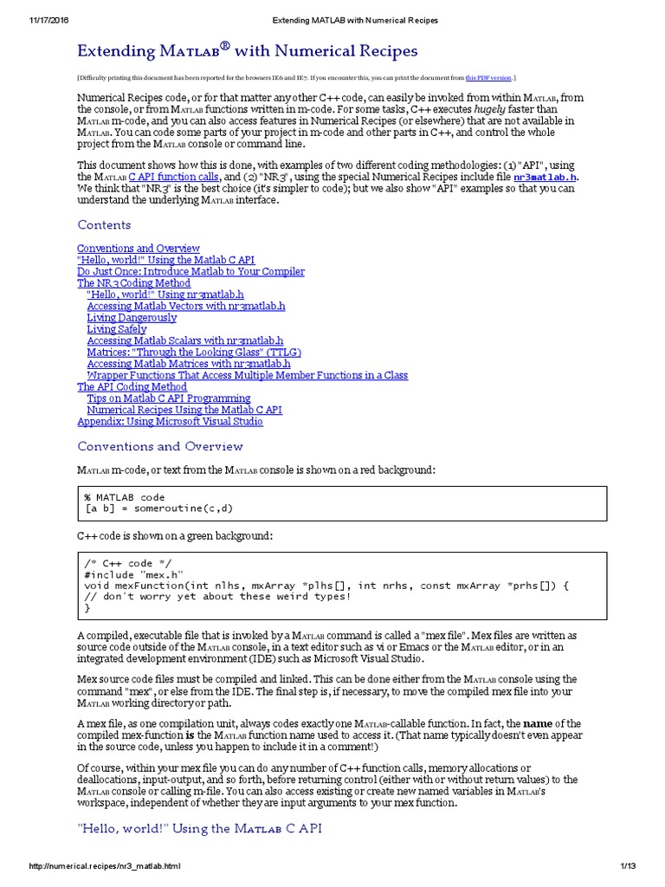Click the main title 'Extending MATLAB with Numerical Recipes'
point(248,52)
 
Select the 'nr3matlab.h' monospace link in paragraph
point(544,177)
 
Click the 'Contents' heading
point(104,225)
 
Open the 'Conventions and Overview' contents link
point(139,249)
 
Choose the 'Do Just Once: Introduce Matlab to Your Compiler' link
point(190,271)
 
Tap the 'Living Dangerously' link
point(132,318)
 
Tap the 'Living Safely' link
point(117,329)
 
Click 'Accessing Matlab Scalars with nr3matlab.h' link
point(185,341)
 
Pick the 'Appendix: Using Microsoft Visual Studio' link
point(170,422)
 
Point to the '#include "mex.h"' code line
point(133,573)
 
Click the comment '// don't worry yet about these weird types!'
point(217,596)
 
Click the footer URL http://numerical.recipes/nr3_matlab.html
point(105,866)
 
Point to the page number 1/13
point(628,866)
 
